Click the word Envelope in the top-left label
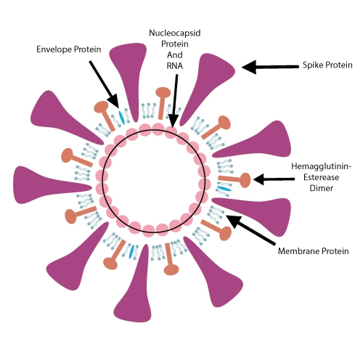(54, 49)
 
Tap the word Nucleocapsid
(175, 33)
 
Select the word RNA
(175, 66)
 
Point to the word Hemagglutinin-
(322, 166)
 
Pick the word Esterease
(322, 177)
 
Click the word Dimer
(322, 188)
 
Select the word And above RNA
(175, 55)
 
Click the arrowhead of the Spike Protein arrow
(249, 67)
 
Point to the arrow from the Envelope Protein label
(104, 84)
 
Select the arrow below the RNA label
(174, 101)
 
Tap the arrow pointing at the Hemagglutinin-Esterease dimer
(274, 179)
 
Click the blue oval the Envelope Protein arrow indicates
(121, 117)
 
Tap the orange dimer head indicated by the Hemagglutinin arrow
(245, 180)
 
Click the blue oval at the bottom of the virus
(131, 252)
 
